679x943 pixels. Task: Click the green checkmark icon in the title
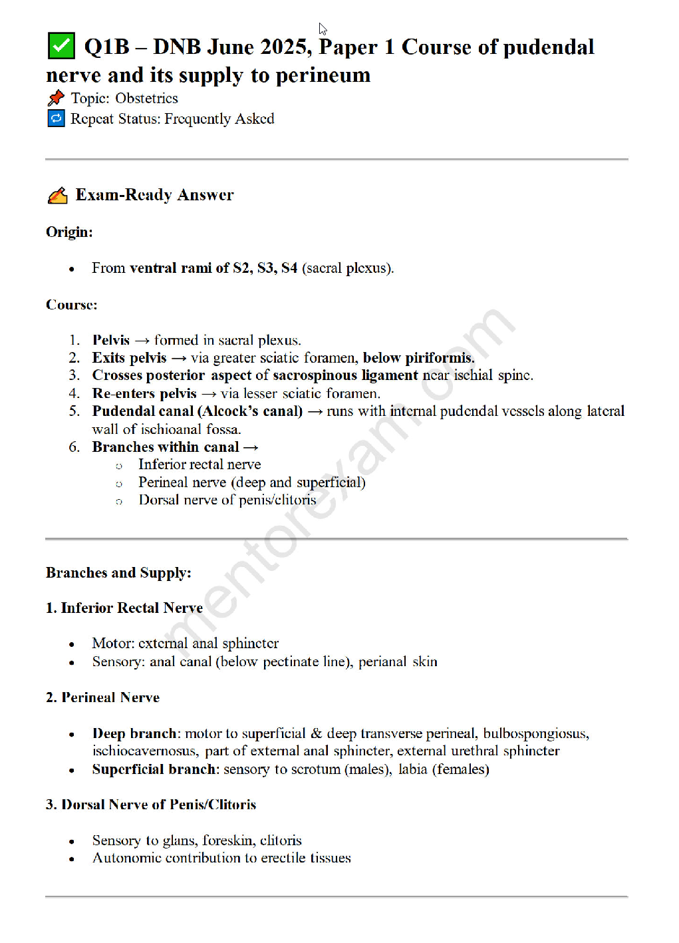61,46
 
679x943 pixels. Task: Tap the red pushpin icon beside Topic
56,98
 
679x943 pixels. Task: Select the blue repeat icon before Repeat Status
56,118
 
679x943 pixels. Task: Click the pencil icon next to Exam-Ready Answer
58,196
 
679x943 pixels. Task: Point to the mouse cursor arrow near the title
323,29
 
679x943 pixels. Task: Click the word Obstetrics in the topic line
146,98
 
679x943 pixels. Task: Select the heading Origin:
69,232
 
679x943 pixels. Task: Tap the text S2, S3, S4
265,268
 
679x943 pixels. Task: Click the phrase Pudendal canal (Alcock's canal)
197,411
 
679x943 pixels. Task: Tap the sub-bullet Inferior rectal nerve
200,465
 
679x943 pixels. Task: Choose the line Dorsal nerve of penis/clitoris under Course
227,500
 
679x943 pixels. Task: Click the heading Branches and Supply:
118,573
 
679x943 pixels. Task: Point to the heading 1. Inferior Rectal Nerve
124,608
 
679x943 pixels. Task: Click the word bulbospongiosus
535,733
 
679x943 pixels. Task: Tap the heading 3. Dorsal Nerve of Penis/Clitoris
151,805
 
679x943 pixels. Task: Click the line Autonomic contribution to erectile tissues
221,858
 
